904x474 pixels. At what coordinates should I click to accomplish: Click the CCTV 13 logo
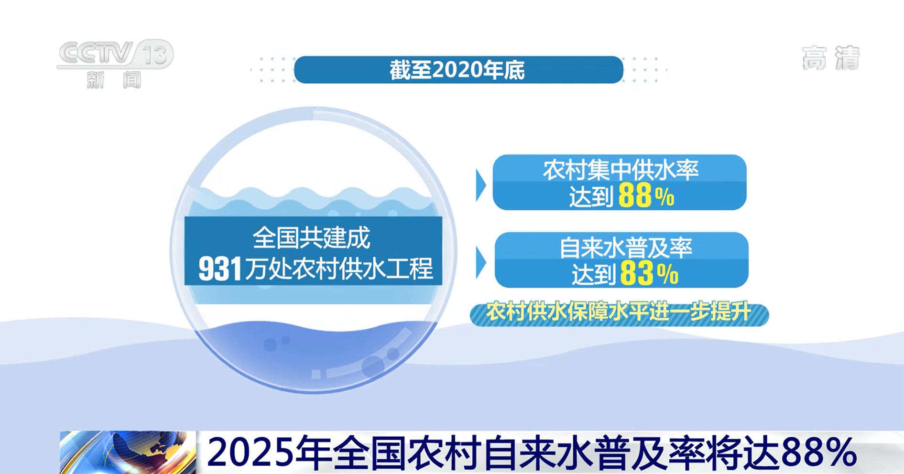click(x=115, y=54)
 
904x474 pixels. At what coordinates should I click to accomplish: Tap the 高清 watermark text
click(x=831, y=58)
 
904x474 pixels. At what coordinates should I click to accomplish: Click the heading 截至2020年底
click(x=457, y=70)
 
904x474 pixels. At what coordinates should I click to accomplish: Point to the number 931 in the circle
click(x=220, y=269)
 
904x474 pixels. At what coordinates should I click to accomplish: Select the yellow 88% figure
click(x=646, y=196)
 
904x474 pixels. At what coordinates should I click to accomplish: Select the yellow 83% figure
click(x=649, y=274)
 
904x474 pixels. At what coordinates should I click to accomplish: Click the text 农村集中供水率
click(x=621, y=170)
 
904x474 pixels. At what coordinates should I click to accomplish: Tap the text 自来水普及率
click(x=626, y=248)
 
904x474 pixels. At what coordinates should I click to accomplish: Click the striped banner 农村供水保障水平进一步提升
click(x=619, y=313)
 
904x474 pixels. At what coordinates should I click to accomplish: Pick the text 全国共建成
click(x=311, y=237)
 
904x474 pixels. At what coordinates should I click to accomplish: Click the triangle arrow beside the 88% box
click(x=480, y=185)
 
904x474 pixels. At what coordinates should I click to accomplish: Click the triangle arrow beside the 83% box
click(x=480, y=262)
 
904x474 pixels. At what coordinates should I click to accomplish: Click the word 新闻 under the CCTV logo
click(x=114, y=80)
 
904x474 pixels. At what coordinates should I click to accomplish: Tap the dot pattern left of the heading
click(x=272, y=70)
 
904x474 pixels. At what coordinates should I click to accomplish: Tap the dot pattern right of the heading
click(x=645, y=70)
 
